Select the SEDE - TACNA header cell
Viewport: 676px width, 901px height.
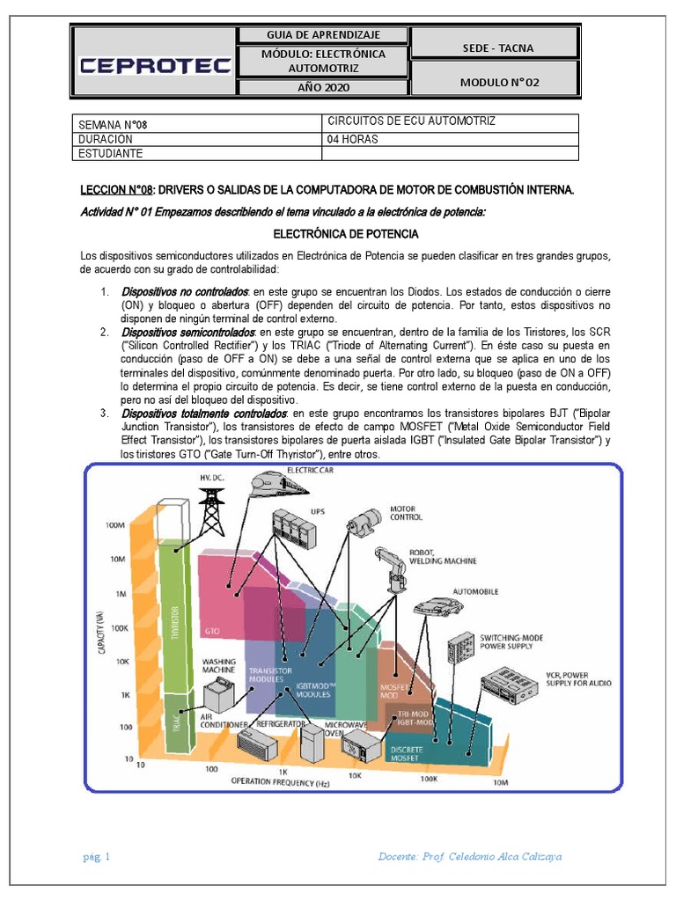click(496, 48)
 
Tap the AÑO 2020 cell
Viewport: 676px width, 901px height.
click(324, 88)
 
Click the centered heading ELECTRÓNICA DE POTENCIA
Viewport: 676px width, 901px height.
click(346, 234)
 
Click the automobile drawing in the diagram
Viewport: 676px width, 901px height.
click(437, 605)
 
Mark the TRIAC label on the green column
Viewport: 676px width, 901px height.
click(177, 723)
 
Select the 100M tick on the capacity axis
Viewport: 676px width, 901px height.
click(115, 525)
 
